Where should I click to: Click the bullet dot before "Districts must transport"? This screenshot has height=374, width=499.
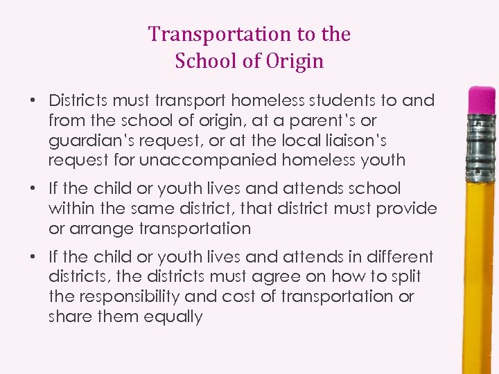tap(33, 100)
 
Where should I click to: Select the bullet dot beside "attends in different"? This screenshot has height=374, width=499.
tap(33, 257)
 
